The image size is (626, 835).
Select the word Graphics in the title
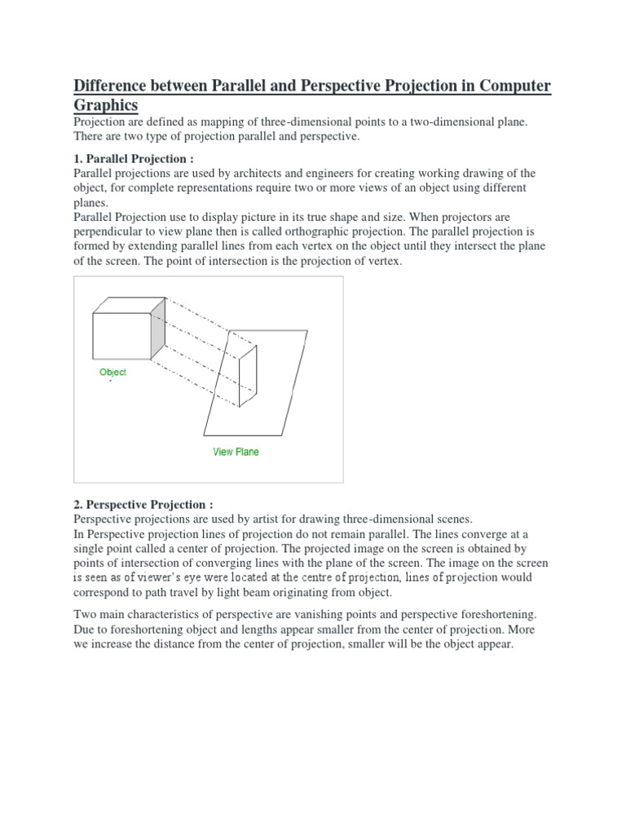[x=106, y=107]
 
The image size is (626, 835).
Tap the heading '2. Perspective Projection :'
[x=143, y=505]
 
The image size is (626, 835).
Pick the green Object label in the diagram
[x=113, y=373]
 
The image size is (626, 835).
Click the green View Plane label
[x=236, y=452]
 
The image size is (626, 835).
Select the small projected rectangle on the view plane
[x=248, y=375]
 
